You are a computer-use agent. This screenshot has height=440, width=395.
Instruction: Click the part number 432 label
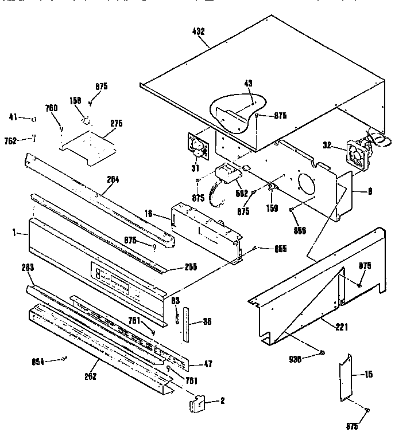198,32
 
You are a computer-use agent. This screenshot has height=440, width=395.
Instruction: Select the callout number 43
248,84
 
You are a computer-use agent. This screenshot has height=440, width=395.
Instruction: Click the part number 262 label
90,376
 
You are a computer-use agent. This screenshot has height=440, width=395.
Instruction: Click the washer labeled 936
322,353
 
